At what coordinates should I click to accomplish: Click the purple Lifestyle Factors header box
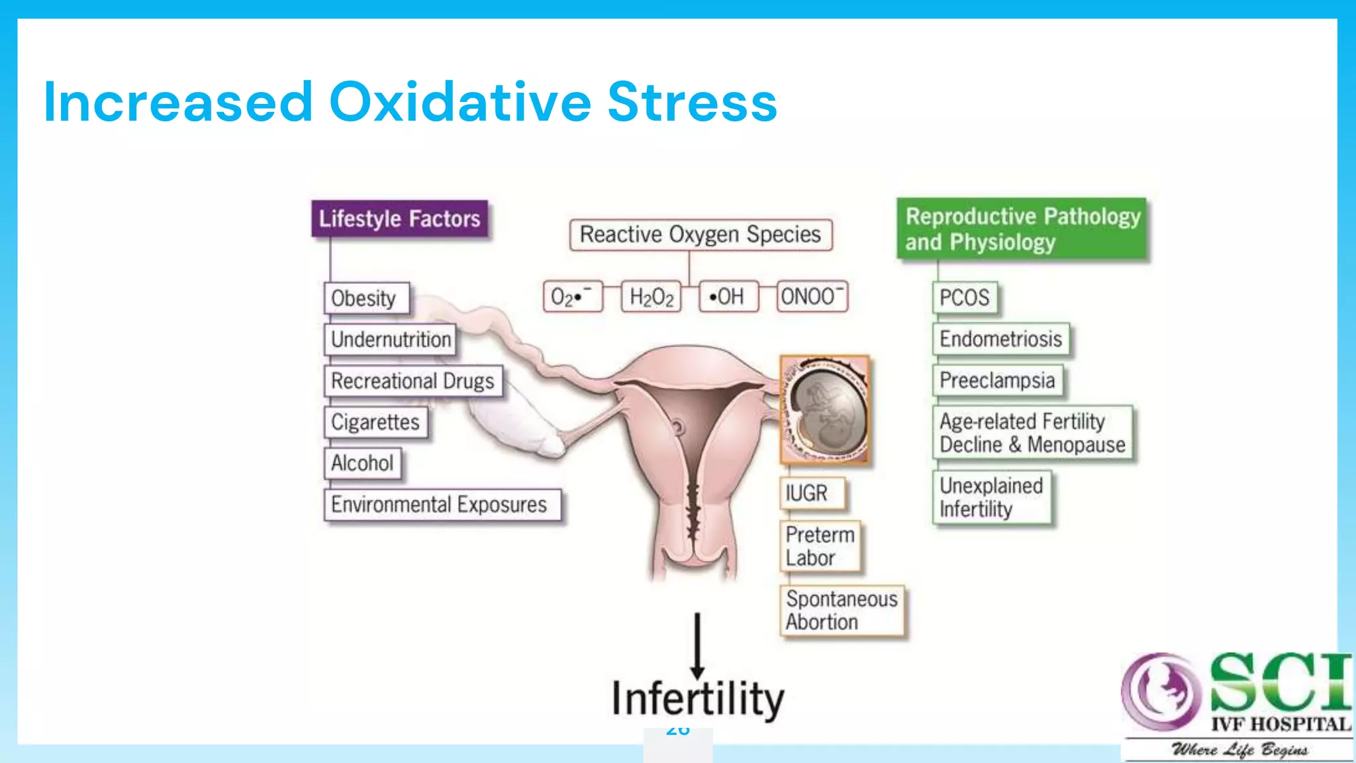coord(399,219)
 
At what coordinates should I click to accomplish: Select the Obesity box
coord(366,298)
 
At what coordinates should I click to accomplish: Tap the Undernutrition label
coord(391,340)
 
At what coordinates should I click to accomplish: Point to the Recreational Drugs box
coord(413,381)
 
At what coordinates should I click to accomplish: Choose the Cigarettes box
coord(375,422)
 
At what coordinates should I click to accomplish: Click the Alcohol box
coord(362,463)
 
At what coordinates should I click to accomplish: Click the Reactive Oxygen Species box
coord(701,234)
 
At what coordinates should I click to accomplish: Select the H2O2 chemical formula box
coord(652,297)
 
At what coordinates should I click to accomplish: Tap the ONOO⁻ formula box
coord(812,296)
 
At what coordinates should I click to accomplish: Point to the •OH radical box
coord(728,297)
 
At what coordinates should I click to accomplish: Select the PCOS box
coord(965,298)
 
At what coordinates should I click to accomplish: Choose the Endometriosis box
coord(1001,339)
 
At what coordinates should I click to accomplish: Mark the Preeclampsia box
coord(998,381)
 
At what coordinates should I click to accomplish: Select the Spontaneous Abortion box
coord(842,611)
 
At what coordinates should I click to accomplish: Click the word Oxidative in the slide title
coord(460,103)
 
